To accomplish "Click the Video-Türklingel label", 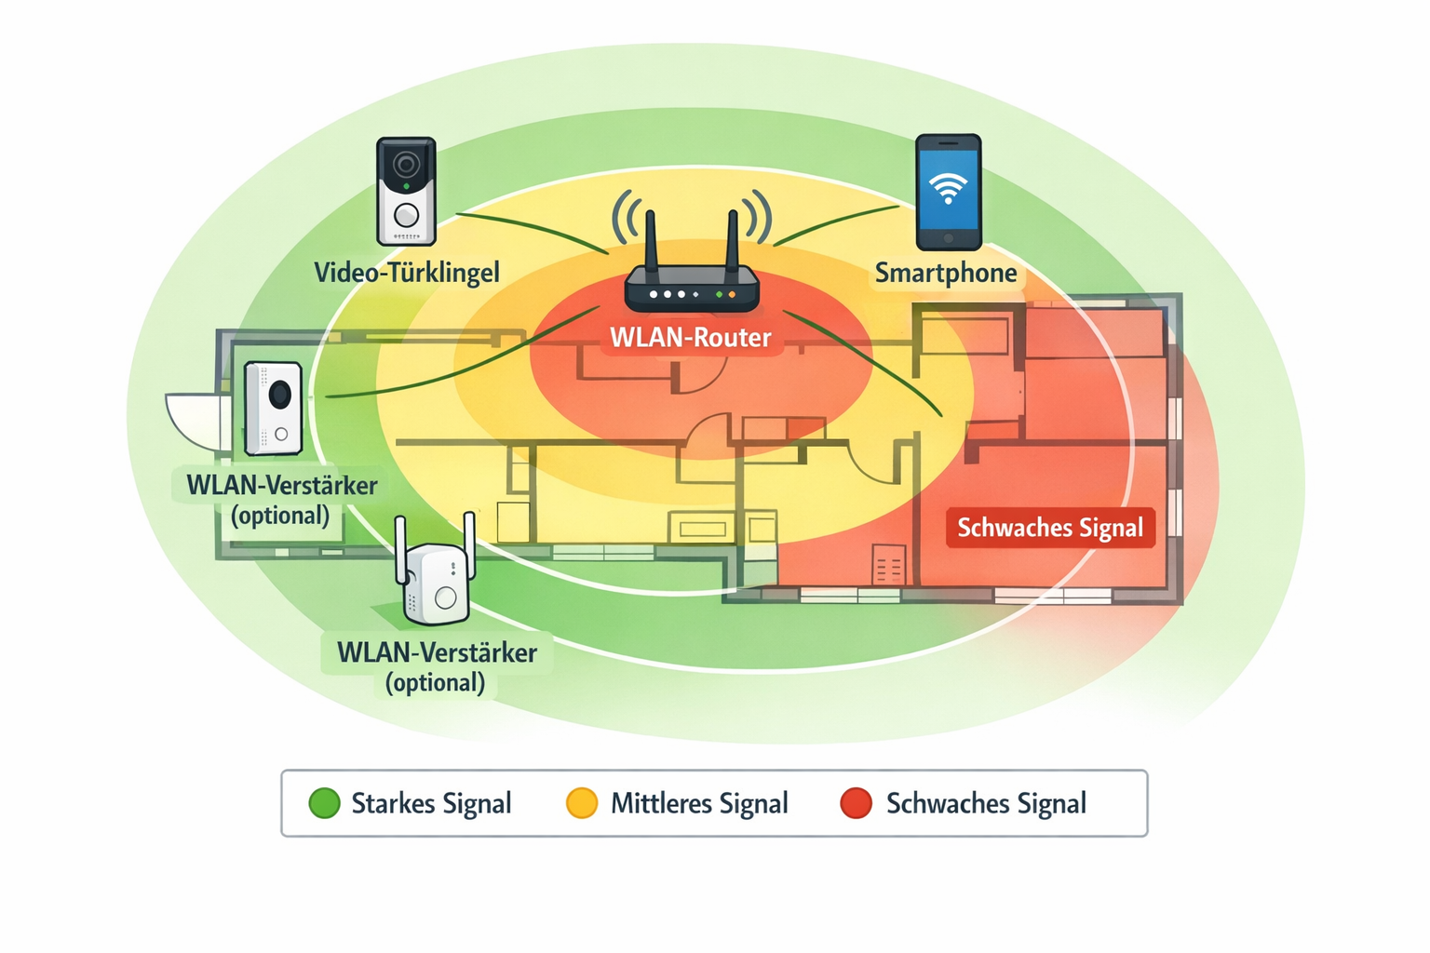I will pyautogui.click(x=407, y=273).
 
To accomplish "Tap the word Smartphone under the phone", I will pyautogui.click(x=945, y=274).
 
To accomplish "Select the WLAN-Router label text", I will pyautogui.click(x=690, y=337).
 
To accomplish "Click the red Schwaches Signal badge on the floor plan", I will pyautogui.click(x=1050, y=528).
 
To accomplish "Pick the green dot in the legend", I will pyautogui.click(x=325, y=803).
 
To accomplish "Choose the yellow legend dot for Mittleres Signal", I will pyautogui.click(x=582, y=803).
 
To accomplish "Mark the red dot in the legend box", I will pyautogui.click(x=856, y=803).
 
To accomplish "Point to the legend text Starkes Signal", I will pyautogui.click(x=431, y=803).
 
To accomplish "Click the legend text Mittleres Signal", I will pyautogui.click(x=699, y=803).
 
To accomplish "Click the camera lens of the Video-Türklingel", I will pyautogui.click(x=405, y=165).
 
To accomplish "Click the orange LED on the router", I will pyautogui.click(x=732, y=294).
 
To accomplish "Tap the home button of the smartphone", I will pyautogui.click(x=948, y=239).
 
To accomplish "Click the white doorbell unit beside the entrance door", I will pyautogui.click(x=273, y=408).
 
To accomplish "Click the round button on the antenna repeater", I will pyautogui.click(x=445, y=597).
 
